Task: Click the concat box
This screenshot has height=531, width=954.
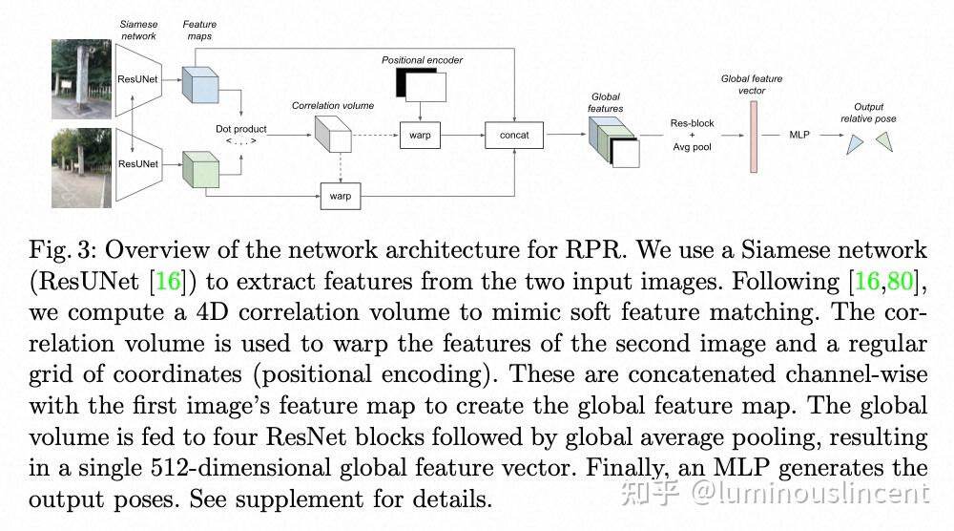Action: coord(513,136)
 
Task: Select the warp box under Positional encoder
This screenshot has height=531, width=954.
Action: coord(420,136)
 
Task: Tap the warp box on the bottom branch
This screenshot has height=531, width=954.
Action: coord(341,196)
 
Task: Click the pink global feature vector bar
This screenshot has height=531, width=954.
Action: coord(752,135)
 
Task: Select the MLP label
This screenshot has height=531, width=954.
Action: coord(799,136)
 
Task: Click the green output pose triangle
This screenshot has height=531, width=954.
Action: coord(884,141)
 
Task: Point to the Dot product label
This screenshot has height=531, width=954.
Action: coord(241,129)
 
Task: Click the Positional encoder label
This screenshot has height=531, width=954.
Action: coord(422,60)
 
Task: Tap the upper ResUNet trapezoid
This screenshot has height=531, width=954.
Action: coord(136,80)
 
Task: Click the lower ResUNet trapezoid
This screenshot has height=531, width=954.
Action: coord(136,164)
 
